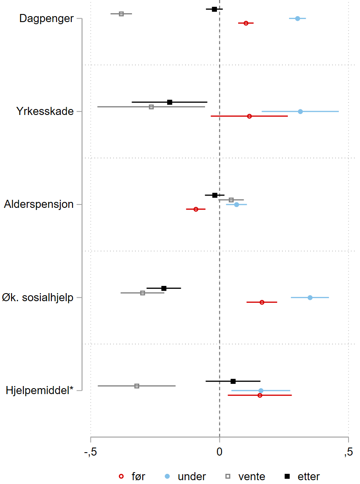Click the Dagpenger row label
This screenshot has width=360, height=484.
(x=46, y=19)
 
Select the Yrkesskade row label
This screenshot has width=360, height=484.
(x=45, y=112)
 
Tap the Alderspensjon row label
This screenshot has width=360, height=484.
(x=39, y=204)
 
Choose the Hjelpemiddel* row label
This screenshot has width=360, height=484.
(x=39, y=390)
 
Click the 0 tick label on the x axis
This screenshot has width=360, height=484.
(x=219, y=452)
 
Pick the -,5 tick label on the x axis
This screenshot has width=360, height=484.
(x=90, y=452)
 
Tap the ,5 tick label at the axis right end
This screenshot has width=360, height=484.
(x=348, y=452)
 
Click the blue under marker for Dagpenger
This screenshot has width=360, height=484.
(x=298, y=19)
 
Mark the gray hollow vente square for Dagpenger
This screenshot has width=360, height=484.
(x=121, y=14)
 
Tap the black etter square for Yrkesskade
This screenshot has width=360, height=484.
(x=170, y=102)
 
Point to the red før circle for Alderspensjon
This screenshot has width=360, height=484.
(x=196, y=209)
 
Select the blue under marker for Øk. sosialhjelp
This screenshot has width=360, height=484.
(x=310, y=297)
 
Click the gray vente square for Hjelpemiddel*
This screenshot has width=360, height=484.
(x=137, y=386)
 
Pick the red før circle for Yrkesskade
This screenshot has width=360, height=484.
(x=249, y=116)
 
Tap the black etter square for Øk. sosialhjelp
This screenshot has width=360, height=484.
(x=164, y=288)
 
